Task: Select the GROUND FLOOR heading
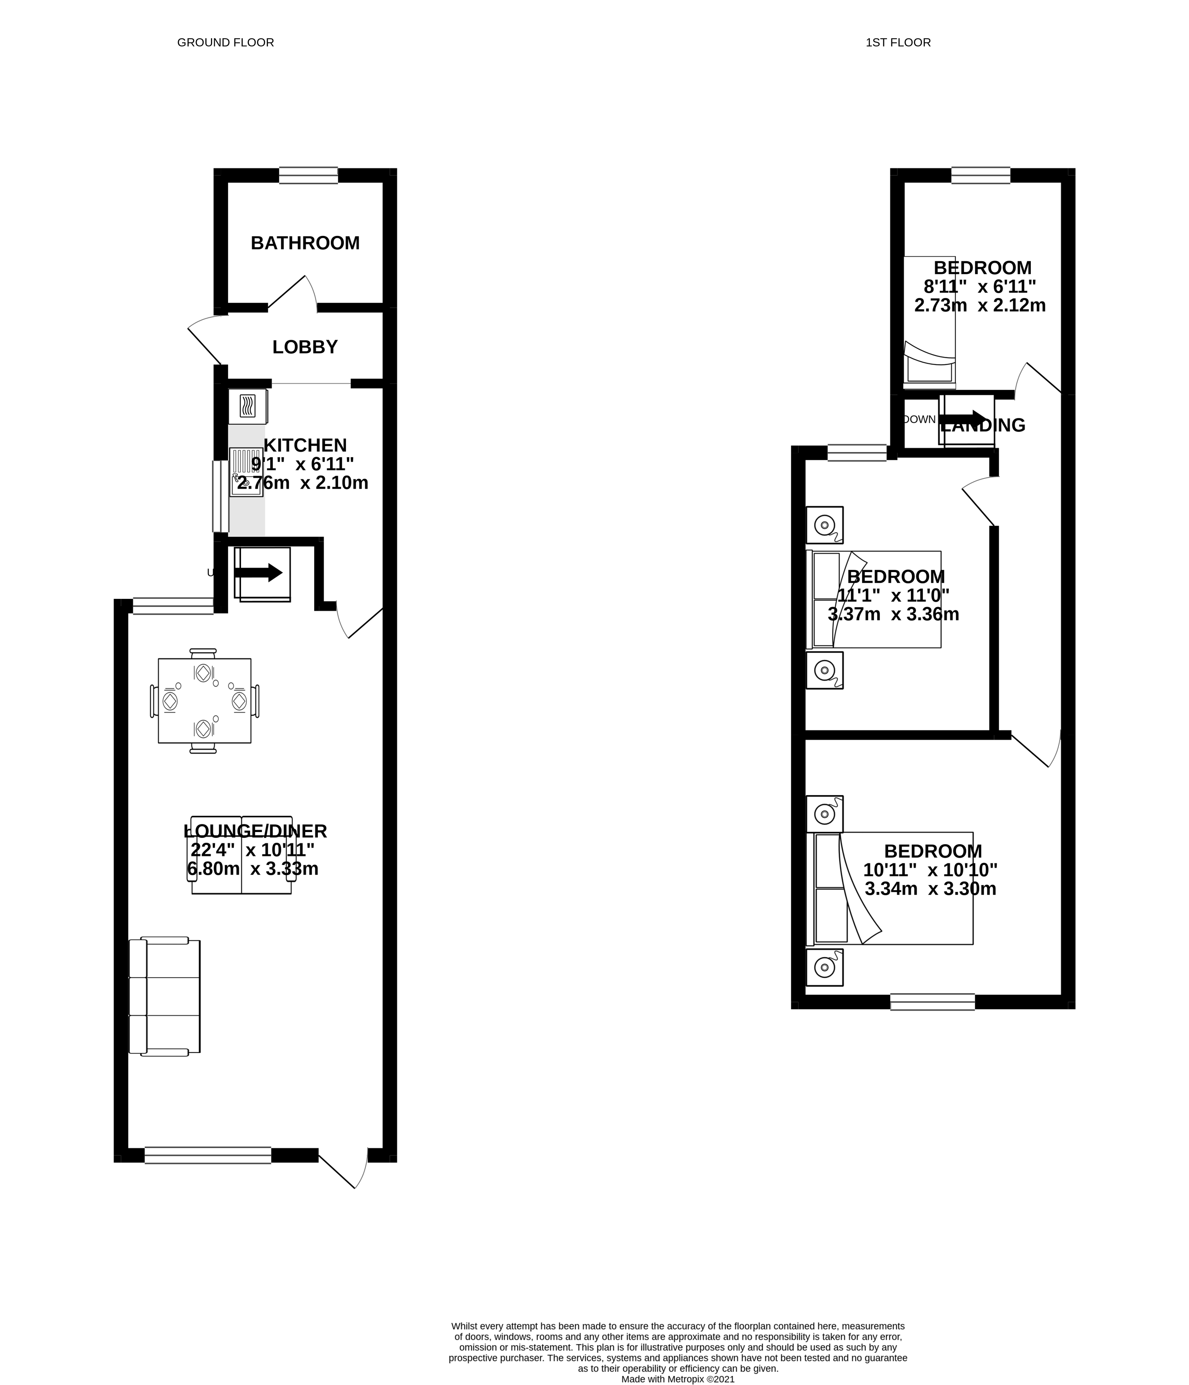point(225,43)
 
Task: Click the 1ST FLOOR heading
point(898,43)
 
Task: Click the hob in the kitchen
point(247,406)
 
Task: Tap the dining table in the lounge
point(204,701)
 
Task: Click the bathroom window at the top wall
point(308,175)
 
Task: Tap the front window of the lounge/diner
point(208,1155)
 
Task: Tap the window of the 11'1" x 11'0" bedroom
point(856,452)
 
